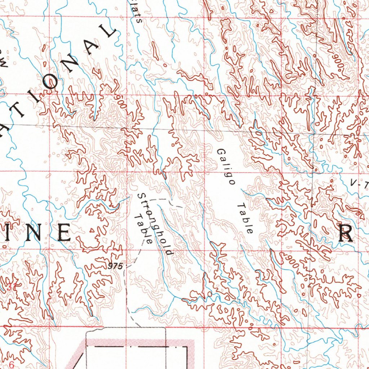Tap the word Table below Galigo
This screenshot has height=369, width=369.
[x=245, y=218]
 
